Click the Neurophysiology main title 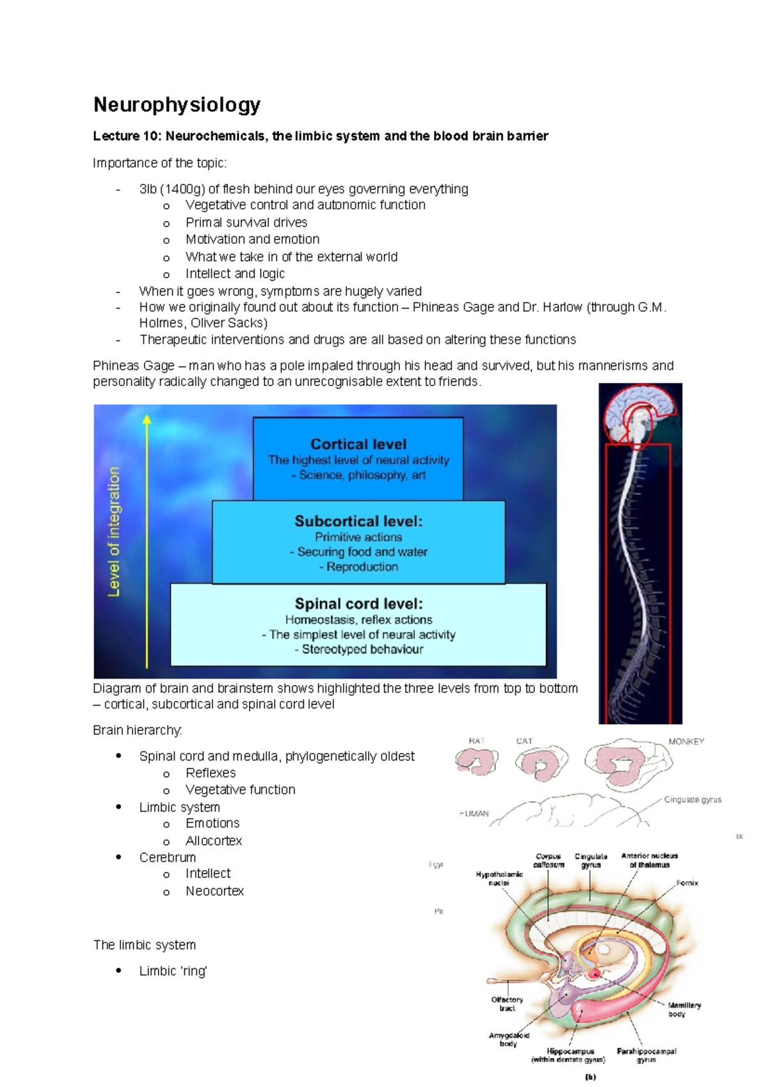(x=177, y=104)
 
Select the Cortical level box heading (x=358, y=444)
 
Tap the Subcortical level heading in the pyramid (x=358, y=521)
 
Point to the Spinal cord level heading (x=358, y=604)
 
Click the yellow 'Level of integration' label (x=114, y=531)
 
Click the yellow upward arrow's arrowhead (x=147, y=419)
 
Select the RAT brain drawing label (x=476, y=741)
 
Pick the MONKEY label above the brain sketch (x=686, y=741)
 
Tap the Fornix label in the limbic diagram (x=687, y=883)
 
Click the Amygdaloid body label (x=509, y=1039)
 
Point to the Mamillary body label (x=684, y=1010)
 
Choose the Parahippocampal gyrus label (x=646, y=1055)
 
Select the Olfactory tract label (x=507, y=1004)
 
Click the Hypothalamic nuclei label (x=499, y=878)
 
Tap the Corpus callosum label (x=548, y=860)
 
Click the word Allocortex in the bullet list (x=214, y=841)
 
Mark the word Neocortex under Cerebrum (x=214, y=891)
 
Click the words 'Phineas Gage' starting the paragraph (x=133, y=366)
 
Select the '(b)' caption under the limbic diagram (x=590, y=1077)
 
